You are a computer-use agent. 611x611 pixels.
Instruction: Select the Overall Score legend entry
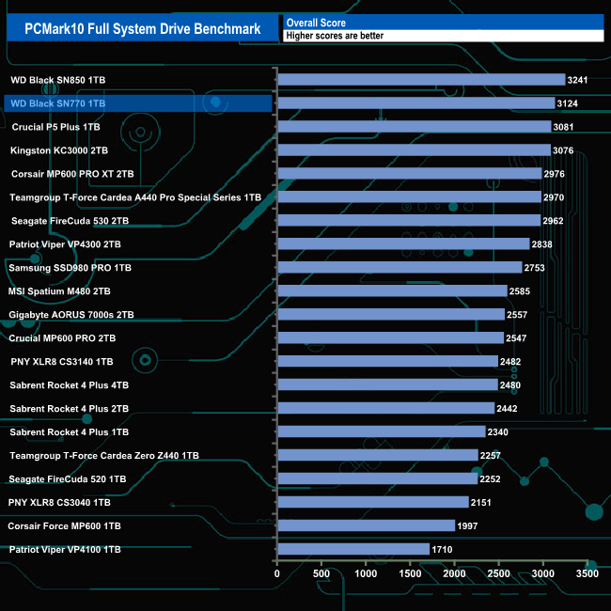(x=316, y=23)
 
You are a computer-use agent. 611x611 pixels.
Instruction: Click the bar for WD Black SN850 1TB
(x=421, y=80)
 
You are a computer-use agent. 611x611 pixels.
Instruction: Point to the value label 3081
(x=565, y=127)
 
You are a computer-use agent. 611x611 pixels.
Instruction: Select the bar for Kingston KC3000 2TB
(x=414, y=150)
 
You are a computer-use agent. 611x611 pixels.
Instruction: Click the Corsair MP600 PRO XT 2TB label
(x=72, y=174)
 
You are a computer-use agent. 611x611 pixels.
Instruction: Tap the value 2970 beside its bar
(x=556, y=197)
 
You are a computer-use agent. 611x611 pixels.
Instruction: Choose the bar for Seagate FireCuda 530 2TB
(x=408, y=221)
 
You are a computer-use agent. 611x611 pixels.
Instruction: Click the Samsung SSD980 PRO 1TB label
(x=70, y=268)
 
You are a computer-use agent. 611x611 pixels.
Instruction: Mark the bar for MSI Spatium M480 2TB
(x=392, y=291)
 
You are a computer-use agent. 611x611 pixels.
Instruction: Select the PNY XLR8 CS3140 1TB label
(x=61, y=362)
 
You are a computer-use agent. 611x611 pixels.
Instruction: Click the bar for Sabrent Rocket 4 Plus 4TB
(x=387, y=385)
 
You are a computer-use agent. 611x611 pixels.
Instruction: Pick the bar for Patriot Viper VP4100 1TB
(x=353, y=550)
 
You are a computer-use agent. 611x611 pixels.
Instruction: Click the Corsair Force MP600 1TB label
(x=65, y=526)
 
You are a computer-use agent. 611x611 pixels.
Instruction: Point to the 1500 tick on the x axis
(x=410, y=572)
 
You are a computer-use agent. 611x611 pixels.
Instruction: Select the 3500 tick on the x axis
(x=587, y=572)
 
